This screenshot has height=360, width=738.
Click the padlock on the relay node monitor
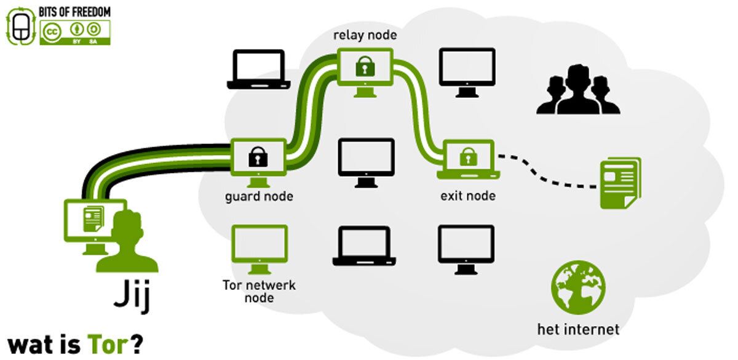[366, 66]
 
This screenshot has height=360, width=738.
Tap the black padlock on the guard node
[258, 156]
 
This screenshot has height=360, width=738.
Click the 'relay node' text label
[365, 35]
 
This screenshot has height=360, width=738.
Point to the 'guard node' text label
[258, 197]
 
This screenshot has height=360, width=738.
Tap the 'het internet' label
[578, 329]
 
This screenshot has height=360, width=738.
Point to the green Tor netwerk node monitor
[259, 247]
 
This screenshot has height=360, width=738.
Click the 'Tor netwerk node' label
[259, 292]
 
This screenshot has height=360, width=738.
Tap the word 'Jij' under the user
[132, 297]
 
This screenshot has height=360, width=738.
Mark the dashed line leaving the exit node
[547, 173]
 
